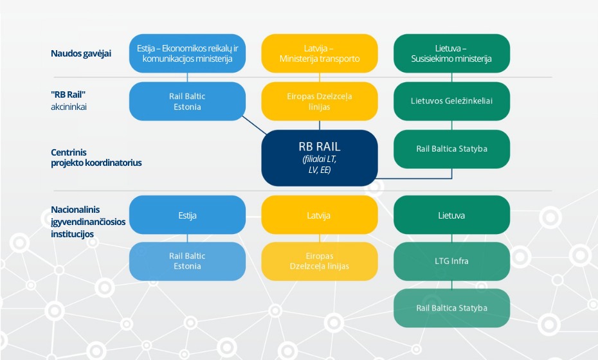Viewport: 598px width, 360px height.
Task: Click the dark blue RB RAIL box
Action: (320, 158)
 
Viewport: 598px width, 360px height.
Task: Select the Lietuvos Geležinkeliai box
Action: (451, 101)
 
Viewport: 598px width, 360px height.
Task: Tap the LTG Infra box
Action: (451, 261)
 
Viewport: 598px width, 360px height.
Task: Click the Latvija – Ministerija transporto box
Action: (320, 53)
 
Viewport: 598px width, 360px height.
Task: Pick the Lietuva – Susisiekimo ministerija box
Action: (451, 53)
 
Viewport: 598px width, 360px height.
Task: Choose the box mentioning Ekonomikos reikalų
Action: (187, 53)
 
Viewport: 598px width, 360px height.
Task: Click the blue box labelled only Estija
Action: (187, 215)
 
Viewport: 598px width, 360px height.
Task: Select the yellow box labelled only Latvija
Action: (320, 215)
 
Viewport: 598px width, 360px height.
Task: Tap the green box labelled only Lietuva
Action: (451, 215)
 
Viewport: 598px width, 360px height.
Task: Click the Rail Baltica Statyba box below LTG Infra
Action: (451, 308)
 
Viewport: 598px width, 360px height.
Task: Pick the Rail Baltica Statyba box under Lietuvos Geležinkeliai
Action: (451, 148)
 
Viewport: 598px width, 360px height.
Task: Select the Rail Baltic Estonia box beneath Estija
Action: (187, 261)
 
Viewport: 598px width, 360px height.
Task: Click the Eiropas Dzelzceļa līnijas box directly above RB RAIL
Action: (320, 101)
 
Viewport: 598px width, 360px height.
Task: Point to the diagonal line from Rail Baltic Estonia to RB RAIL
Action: (255, 125)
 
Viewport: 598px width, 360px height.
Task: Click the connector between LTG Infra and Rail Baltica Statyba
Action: (452, 285)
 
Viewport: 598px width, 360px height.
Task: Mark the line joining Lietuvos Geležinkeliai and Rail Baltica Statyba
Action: (452, 125)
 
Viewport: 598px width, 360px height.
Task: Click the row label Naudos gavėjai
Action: (81, 53)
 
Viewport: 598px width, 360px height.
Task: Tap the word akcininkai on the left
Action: (69, 107)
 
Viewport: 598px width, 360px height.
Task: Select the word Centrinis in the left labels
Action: (69, 152)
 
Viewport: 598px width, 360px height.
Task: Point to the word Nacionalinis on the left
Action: (75, 210)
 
